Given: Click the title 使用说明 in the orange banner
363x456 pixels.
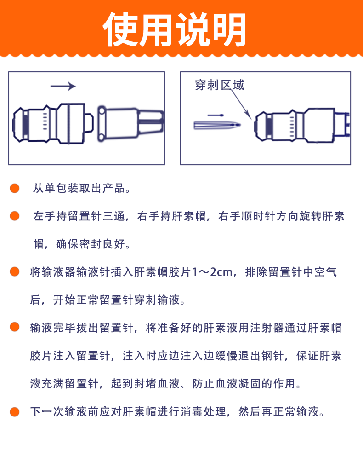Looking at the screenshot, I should (x=174, y=29).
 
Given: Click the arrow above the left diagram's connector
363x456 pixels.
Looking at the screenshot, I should (x=63, y=86).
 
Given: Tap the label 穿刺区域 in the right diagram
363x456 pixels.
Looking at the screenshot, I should (x=219, y=86).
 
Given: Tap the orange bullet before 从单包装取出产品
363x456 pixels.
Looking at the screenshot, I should (x=15, y=189).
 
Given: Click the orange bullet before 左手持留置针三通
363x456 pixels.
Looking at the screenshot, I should (x=15, y=216).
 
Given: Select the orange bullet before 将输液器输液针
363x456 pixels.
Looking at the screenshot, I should (x=15, y=272).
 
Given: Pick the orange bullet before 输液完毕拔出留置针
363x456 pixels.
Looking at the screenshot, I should (x=15, y=327).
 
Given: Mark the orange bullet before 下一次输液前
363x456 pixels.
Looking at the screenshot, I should (x=15, y=411).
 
